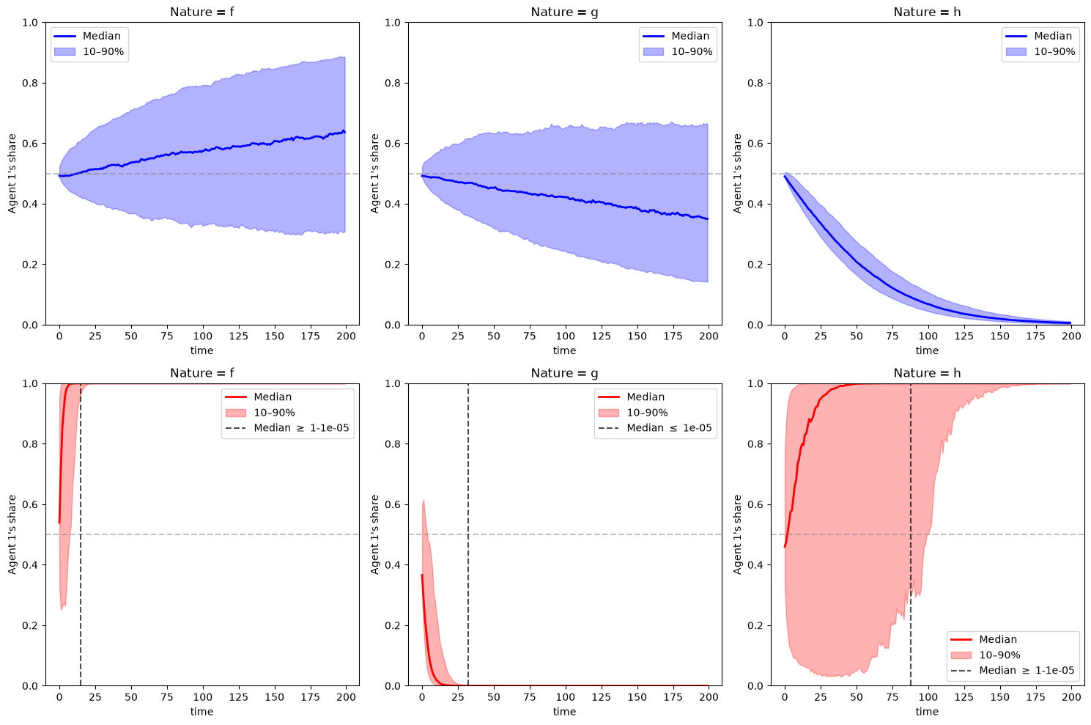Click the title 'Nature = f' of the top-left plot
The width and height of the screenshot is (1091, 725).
tap(201, 12)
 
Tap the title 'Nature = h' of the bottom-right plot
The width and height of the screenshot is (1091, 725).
tap(927, 372)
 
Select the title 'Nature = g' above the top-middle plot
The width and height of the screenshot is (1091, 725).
tap(564, 12)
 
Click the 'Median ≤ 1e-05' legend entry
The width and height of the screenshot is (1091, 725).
tap(655, 428)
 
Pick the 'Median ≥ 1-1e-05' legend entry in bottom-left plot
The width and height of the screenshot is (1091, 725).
tap(287, 428)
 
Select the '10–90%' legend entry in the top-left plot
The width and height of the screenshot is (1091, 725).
tap(89, 51)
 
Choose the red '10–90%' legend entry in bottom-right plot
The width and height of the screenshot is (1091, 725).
tap(985, 655)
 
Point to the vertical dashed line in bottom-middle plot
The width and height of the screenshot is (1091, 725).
tap(468, 534)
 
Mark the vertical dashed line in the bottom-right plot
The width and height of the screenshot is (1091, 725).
tap(910, 534)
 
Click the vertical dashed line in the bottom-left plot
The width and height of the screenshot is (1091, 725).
tap(81, 534)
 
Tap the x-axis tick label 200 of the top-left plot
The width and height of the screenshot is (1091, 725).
tap(346, 336)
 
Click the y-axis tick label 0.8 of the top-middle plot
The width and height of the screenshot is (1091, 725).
tap(392, 83)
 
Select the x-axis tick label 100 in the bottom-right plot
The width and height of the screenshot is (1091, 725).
tap(928, 696)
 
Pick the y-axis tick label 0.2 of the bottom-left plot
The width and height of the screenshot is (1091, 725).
tap(30, 625)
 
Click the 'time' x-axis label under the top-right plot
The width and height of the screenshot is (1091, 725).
tap(927, 350)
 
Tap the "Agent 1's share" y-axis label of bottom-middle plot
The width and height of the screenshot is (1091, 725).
tap(374, 534)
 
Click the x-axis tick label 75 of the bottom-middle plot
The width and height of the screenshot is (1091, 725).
tap(530, 696)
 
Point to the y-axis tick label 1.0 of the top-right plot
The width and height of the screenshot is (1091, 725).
tap(755, 23)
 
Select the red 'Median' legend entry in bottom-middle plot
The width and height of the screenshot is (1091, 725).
tap(632, 397)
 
